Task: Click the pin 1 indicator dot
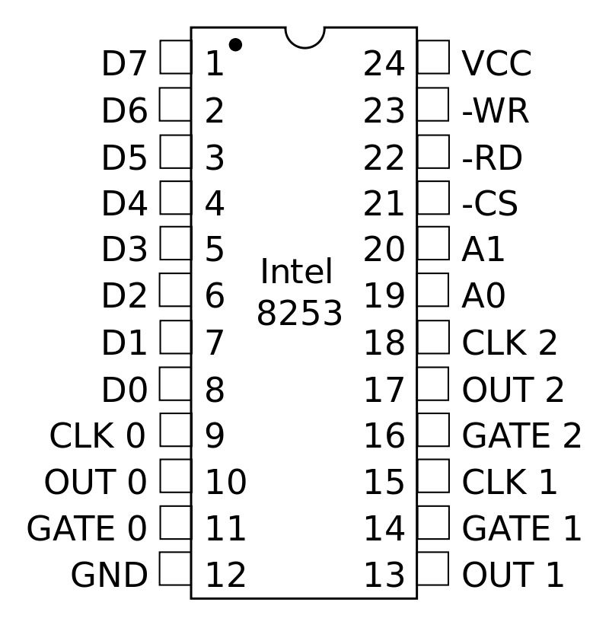point(235,45)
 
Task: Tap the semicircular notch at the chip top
point(304,36)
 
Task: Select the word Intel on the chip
point(296,273)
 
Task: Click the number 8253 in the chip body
point(299,314)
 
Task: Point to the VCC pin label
point(496,65)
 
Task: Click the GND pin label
point(109,576)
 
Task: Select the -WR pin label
point(495,112)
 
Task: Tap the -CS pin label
point(489,205)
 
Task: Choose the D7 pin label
point(123,65)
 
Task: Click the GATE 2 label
point(521,436)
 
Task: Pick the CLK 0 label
point(97,436)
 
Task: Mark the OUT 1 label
point(513,576)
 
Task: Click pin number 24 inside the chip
point(384,65)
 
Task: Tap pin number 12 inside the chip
point(225,576)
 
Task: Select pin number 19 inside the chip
point(384,297)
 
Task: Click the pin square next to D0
point(175,384)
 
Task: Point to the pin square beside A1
point(433,244)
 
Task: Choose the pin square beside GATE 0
point(175,523)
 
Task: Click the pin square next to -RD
point(433,151)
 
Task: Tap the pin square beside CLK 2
point(433,337)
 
